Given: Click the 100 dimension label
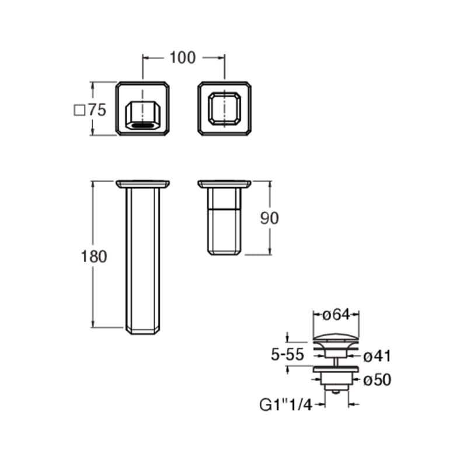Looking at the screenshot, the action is [x=183, y=58].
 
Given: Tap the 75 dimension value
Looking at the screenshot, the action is [x=97, y=110].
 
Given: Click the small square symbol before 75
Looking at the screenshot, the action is [x=79, y=110].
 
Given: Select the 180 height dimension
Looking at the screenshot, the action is [x=94, y=256].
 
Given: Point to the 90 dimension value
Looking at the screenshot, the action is [x=270, y=218].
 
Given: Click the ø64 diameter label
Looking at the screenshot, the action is [x=336, y=315].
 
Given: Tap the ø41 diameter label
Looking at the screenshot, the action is [x=377, y=356].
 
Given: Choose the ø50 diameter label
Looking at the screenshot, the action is [x=377, y=380].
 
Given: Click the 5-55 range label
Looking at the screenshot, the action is [x=287, y=354].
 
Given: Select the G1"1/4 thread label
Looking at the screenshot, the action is [x=285, y=405].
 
